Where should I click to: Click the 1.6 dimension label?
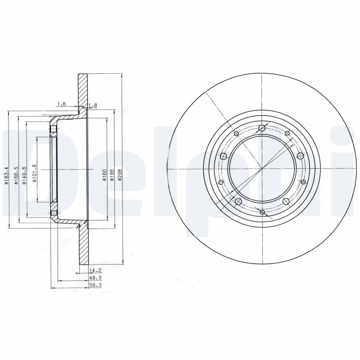[61, 104]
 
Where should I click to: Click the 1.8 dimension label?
[93, 106]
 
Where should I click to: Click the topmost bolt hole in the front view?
[262, 128]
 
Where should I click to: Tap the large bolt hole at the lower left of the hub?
[238, 201]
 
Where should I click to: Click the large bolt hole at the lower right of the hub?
[286, 201]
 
